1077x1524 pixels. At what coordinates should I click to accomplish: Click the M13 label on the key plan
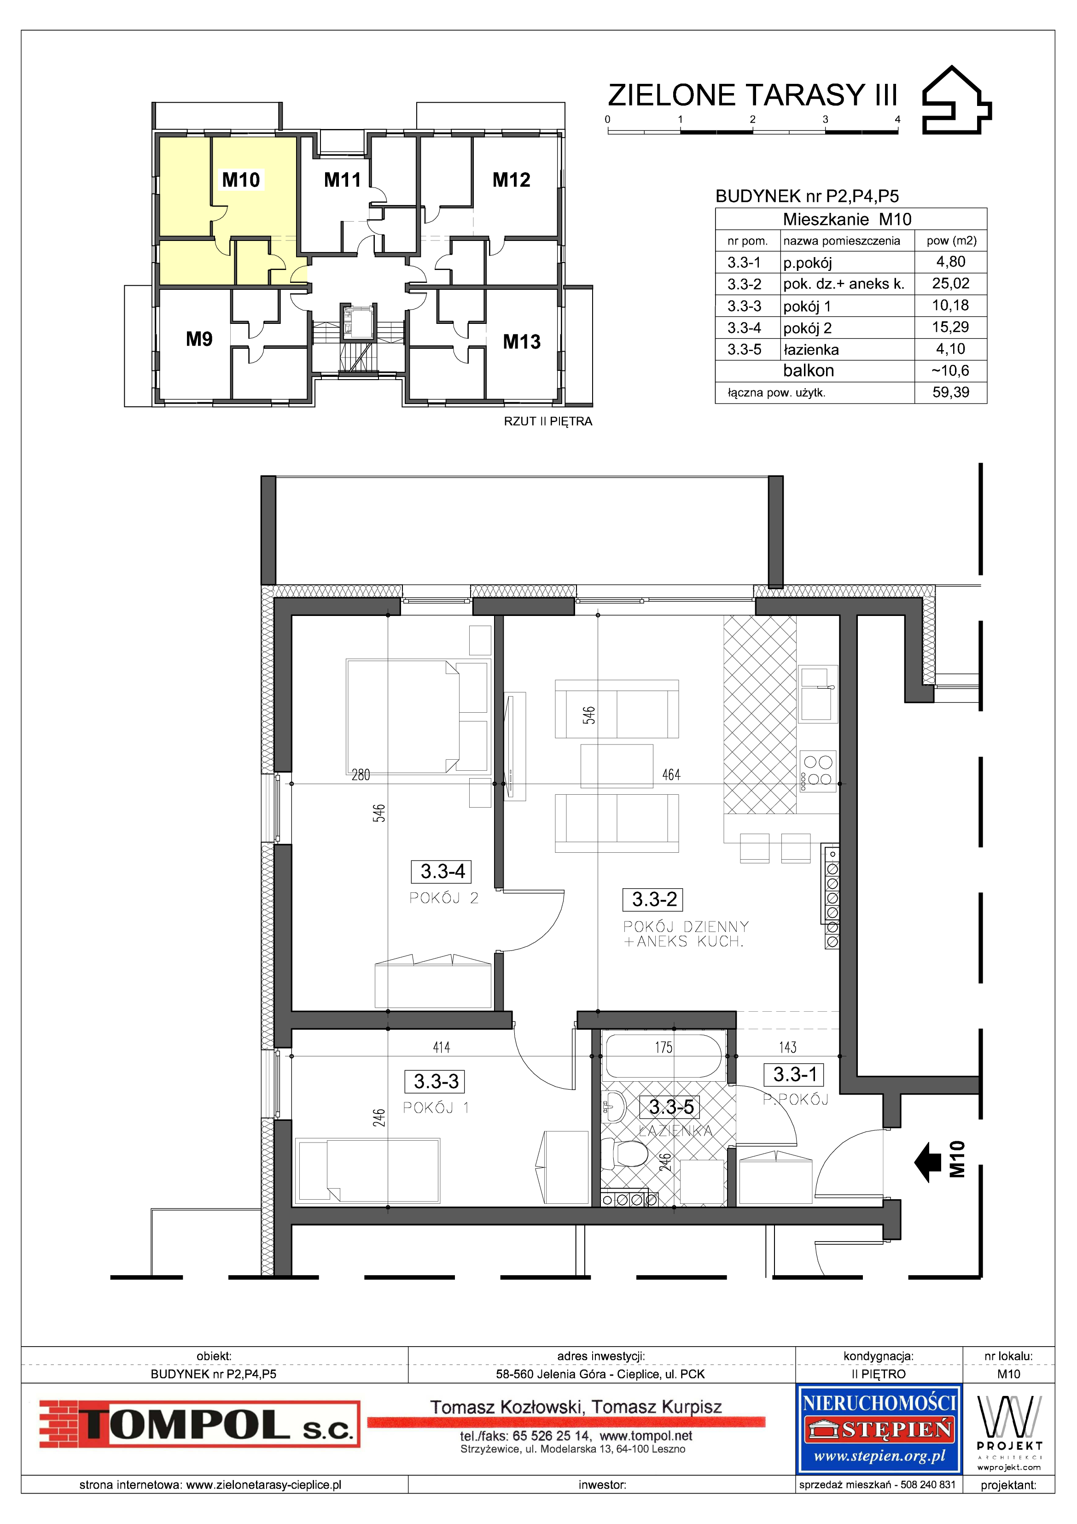pyautogui.click(x=522, y=342)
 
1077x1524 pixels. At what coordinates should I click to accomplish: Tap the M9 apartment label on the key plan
pyautogui.click(x=199, y=339)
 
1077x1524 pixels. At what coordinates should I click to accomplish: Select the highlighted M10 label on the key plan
pyautogui.click(x=241, y=180)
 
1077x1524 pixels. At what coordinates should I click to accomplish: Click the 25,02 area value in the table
pyautogui.click(x=950, y=283)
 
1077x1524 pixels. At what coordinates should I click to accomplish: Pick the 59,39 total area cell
pyautogui.click(x=950, y=392)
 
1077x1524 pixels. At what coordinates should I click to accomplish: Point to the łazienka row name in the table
pyautogui.click(x=811, y=350)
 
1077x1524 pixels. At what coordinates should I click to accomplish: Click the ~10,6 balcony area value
pyautogui.click(x=950, y=370)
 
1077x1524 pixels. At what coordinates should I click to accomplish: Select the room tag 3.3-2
pyautogui.click(x=654, y=899)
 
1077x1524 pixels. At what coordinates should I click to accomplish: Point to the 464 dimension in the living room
pyautogui.click(x=671, y=774)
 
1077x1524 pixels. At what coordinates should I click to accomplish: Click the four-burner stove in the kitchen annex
pyautogui.click(x=818, y=771)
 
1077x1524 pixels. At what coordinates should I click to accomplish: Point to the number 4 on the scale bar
pyautogui.click(x=898, y=119)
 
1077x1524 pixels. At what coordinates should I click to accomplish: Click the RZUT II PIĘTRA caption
pyautogui.click(x=548, y=422)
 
